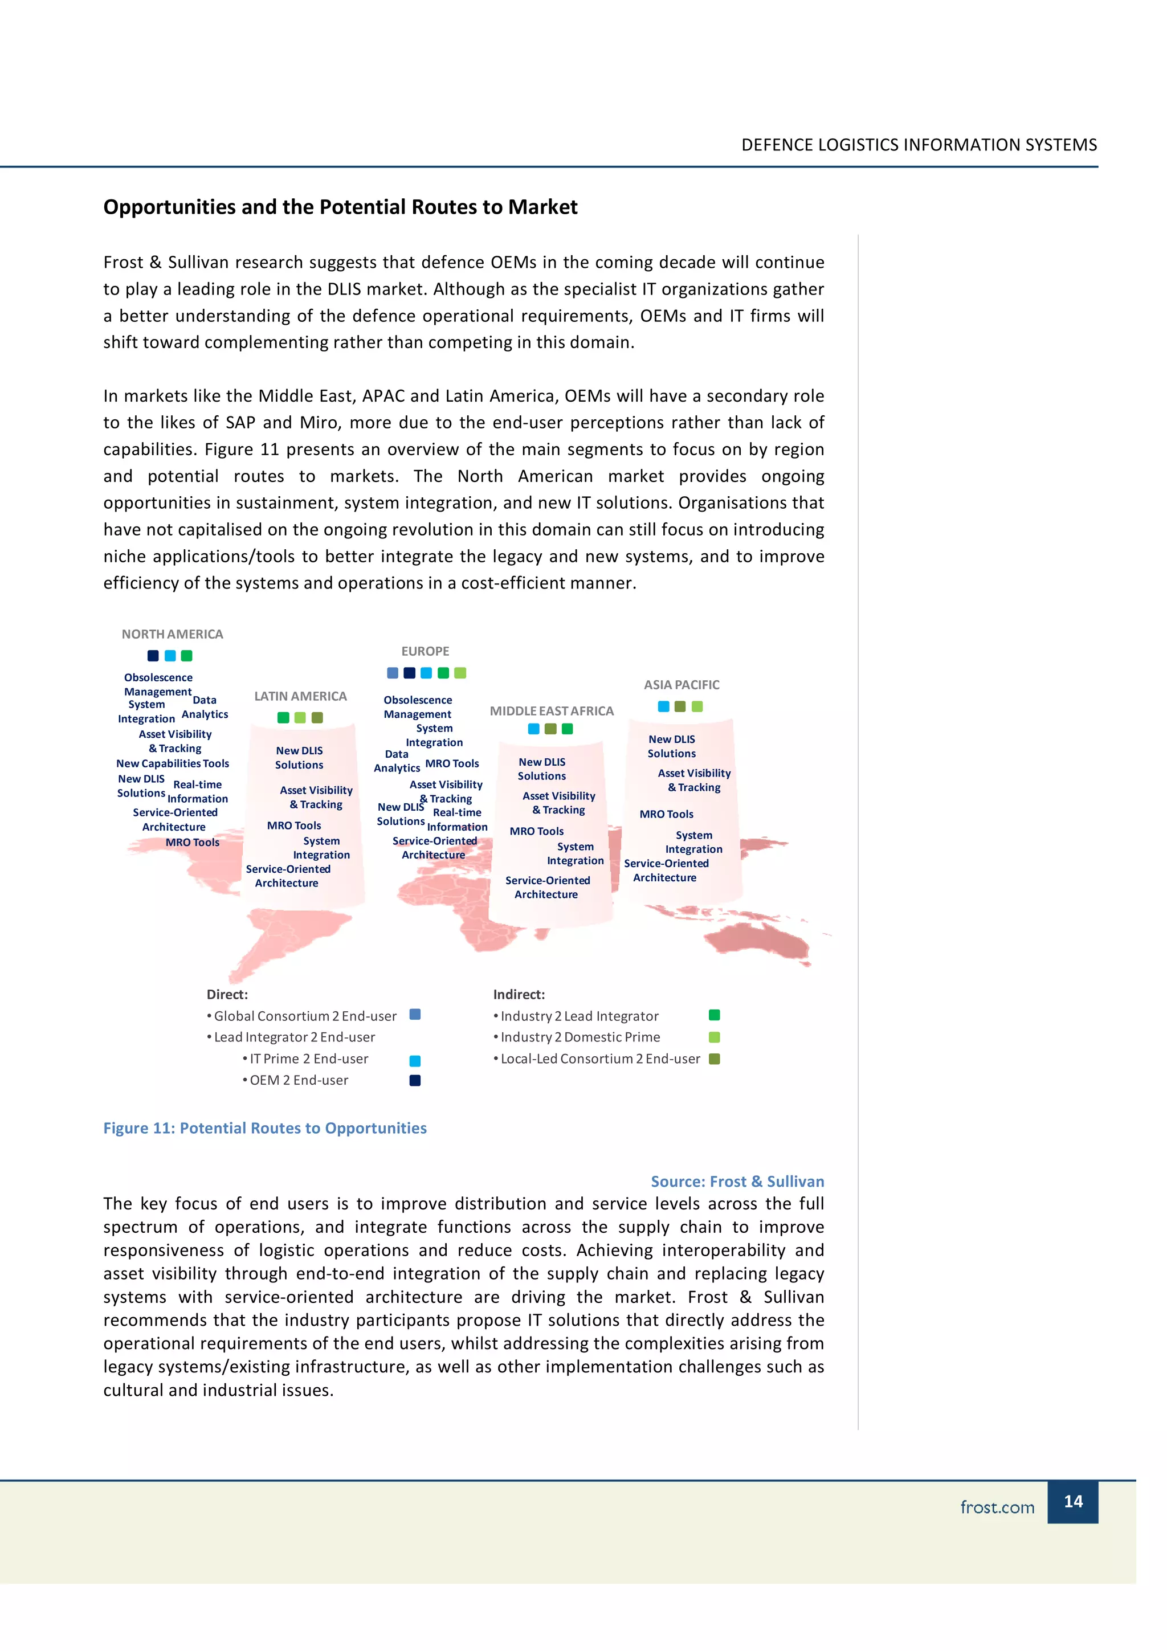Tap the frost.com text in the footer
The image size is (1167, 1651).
click(997, 1507)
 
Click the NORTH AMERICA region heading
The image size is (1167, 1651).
click(172, 634)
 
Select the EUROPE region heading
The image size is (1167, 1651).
click(425, 652)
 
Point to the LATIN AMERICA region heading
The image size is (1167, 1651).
click(300, 696)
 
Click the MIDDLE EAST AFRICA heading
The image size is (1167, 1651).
click(552, 711)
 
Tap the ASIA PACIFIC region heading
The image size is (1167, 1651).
click(681, 685)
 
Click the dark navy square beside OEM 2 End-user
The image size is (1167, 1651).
click(415, 1080)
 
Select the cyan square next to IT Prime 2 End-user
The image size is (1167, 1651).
click(415, 1061)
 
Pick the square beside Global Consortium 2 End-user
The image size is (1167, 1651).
click(415, 1015)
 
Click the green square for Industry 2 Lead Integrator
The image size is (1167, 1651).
click(714, 1015)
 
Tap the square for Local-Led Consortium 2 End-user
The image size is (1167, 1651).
click(714, 1059)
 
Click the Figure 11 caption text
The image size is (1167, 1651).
click(264, 1128)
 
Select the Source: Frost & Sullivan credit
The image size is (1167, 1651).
click(737, 1182)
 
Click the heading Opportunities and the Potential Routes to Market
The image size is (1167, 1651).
click(340, 207)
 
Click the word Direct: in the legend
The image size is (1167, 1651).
click(227, 995)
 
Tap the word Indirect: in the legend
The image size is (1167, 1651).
click(519, 995)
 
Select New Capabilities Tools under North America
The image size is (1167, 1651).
click(173, 763)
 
